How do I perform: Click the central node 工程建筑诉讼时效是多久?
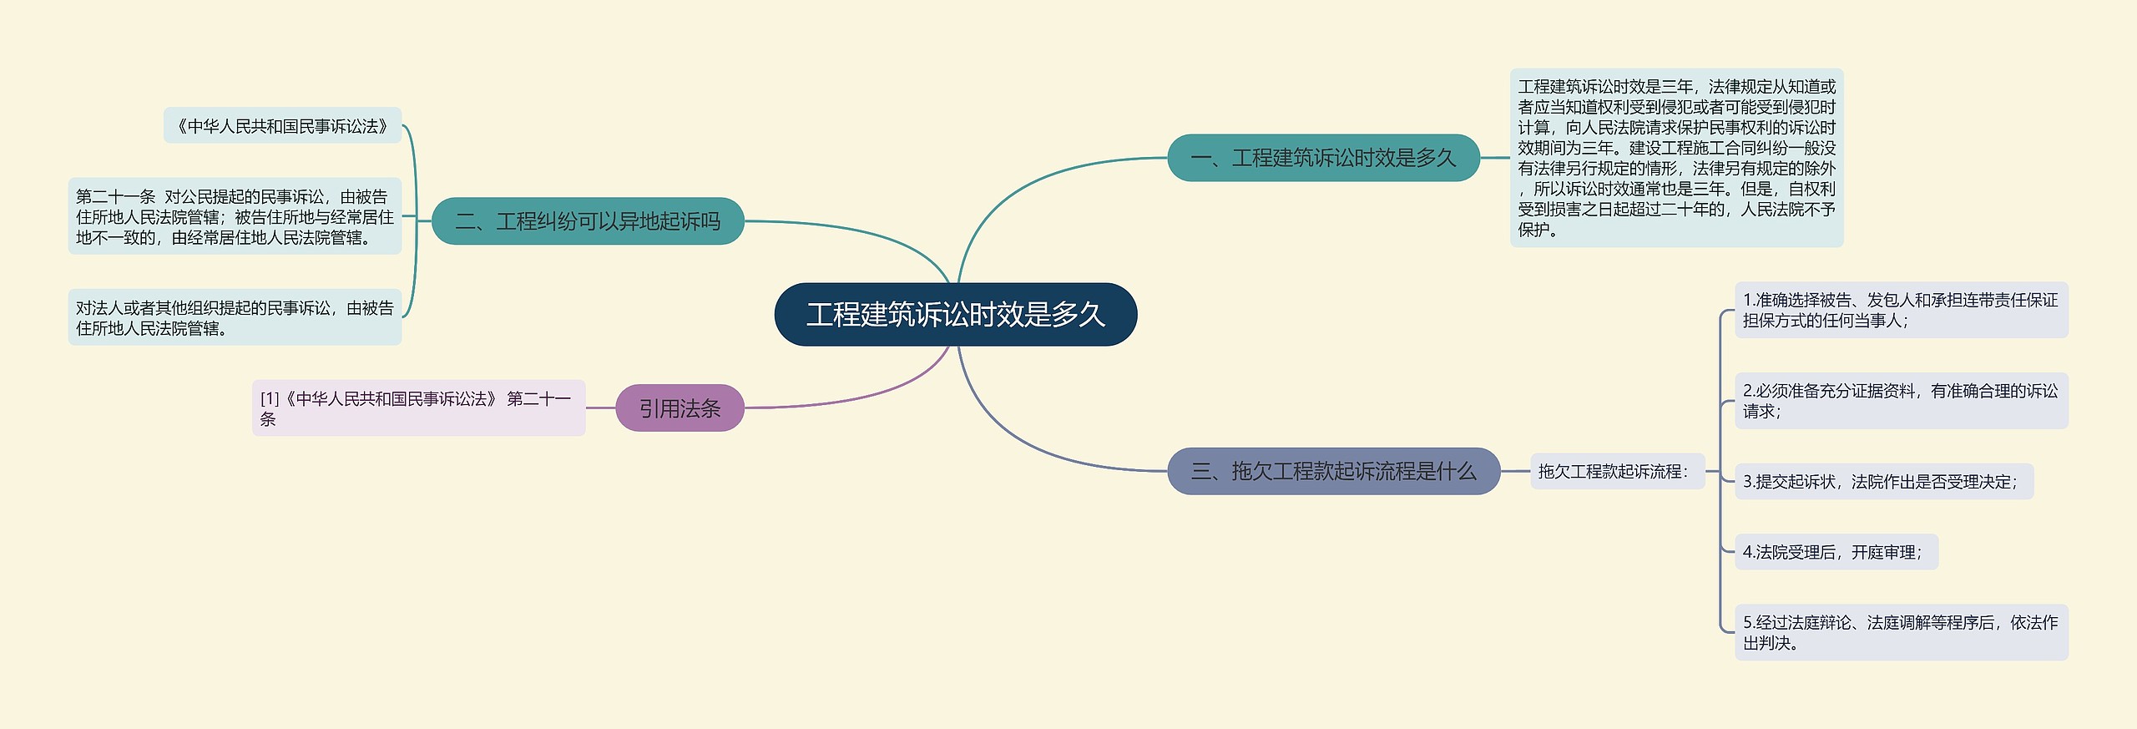pyautogui.click(x=955, y=315)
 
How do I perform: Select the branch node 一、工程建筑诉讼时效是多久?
pyautogui.click(x=1322, y=158)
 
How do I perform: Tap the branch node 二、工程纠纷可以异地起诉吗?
pyautogui.click(x=587, y=221)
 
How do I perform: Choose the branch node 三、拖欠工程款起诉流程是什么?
pyautogui.click(x=1332, y=471)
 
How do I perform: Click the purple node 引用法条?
pyautogui.click(x=679, y=408)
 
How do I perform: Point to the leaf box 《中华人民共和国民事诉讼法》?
pyautogui.click(x=282, y=126)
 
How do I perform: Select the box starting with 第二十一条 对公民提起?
pyautogui.click(x=235, y=216)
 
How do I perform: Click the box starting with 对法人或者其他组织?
pyautogui.click(x=235, y=317)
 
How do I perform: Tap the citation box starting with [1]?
pyautogui.click(x=418, y=408)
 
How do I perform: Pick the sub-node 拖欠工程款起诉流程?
pyautogui.click(x=1616, y=472)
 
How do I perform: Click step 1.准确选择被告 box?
pyautogui.click(x=1901, y=310)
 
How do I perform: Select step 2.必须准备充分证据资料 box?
pyautogui.click(x=1901, y=401)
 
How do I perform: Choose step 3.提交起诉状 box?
pyautogui.click(x=1883, y=482)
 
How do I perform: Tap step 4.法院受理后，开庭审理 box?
pyautogui.click(x=1836, y=552)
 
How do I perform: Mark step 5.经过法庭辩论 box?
pyautogui.click(x=1901, y=632)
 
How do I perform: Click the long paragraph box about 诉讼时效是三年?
pyautogui.click(x=1676, y=158)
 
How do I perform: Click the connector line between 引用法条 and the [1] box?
pyautogui.click(x=600, y=408)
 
